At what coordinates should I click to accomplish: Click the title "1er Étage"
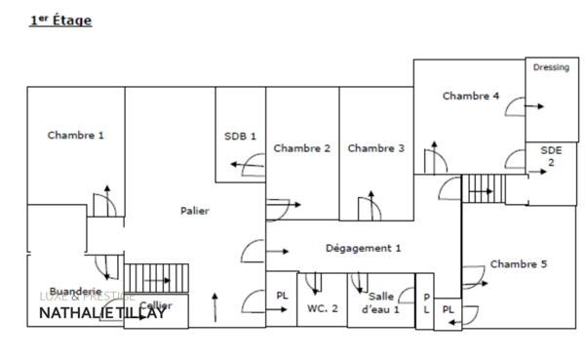tap(60, 20)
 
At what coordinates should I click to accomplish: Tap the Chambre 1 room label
tap(75, 136)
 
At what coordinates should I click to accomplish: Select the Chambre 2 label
tap(301, 148)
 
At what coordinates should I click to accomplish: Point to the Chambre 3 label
tap(375, 148)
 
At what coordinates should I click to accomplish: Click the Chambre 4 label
tap(471, 96)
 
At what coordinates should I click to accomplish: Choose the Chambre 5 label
tap(519, 264)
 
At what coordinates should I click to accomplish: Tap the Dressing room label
tap(551, 68)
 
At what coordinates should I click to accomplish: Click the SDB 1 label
tap(239, 136)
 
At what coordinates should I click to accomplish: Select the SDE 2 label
tap(551, 155)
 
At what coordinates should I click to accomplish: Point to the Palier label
tap(195, 210)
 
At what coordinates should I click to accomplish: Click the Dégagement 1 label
tap(363, 248)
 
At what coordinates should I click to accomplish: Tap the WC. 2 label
tap(323, 308)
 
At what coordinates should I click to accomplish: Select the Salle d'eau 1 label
tap(381, 302)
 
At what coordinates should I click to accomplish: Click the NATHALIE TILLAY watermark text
tap(102, 313)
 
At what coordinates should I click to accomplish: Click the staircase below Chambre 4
tap(480, 184)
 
